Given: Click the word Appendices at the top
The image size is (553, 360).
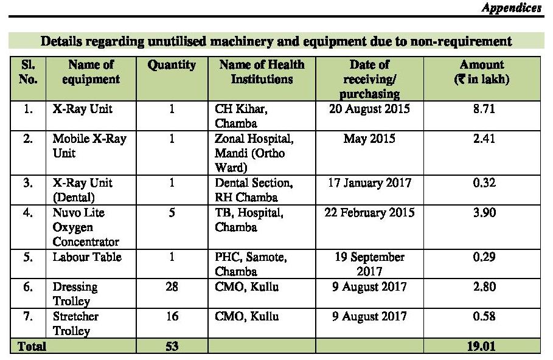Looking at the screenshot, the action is (x=512, y=8).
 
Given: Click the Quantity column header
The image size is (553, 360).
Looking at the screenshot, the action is (x=172, y=65).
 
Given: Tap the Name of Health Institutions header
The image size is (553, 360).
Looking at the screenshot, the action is (x=262, y=72).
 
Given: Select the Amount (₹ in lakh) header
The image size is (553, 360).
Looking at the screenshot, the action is (x=482, y=72).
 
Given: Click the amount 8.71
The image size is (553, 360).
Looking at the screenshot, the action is (x=484, y=109).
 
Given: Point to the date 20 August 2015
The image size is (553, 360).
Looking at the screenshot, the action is (x=370, y=109).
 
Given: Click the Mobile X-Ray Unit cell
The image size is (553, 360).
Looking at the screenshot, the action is (x=89, y=145).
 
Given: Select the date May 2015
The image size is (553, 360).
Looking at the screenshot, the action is (x=370, y=139).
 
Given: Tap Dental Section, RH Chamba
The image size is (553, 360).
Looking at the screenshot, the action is (x=254, y=190).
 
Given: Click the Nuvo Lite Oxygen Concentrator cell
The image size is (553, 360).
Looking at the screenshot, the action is (x=86, y=227).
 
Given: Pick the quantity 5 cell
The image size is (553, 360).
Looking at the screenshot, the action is (x=172, y=213).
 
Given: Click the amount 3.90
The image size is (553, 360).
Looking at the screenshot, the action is (x=484, y=213).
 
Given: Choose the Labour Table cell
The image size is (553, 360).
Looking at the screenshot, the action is (x=87, y=257).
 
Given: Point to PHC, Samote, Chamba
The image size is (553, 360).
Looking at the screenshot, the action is (x=251, y=264).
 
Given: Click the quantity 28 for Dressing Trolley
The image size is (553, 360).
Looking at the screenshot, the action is (x=172, y=286).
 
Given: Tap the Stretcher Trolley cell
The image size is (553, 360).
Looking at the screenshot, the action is (x=75, y=324).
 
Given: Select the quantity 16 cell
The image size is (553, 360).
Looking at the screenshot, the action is (x=172, y=316).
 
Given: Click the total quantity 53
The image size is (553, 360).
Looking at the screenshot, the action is (x=172, y=346).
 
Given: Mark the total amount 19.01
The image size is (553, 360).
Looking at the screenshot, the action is (x=481, y=346).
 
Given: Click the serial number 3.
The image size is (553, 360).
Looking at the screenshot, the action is (x=28, y=183).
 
